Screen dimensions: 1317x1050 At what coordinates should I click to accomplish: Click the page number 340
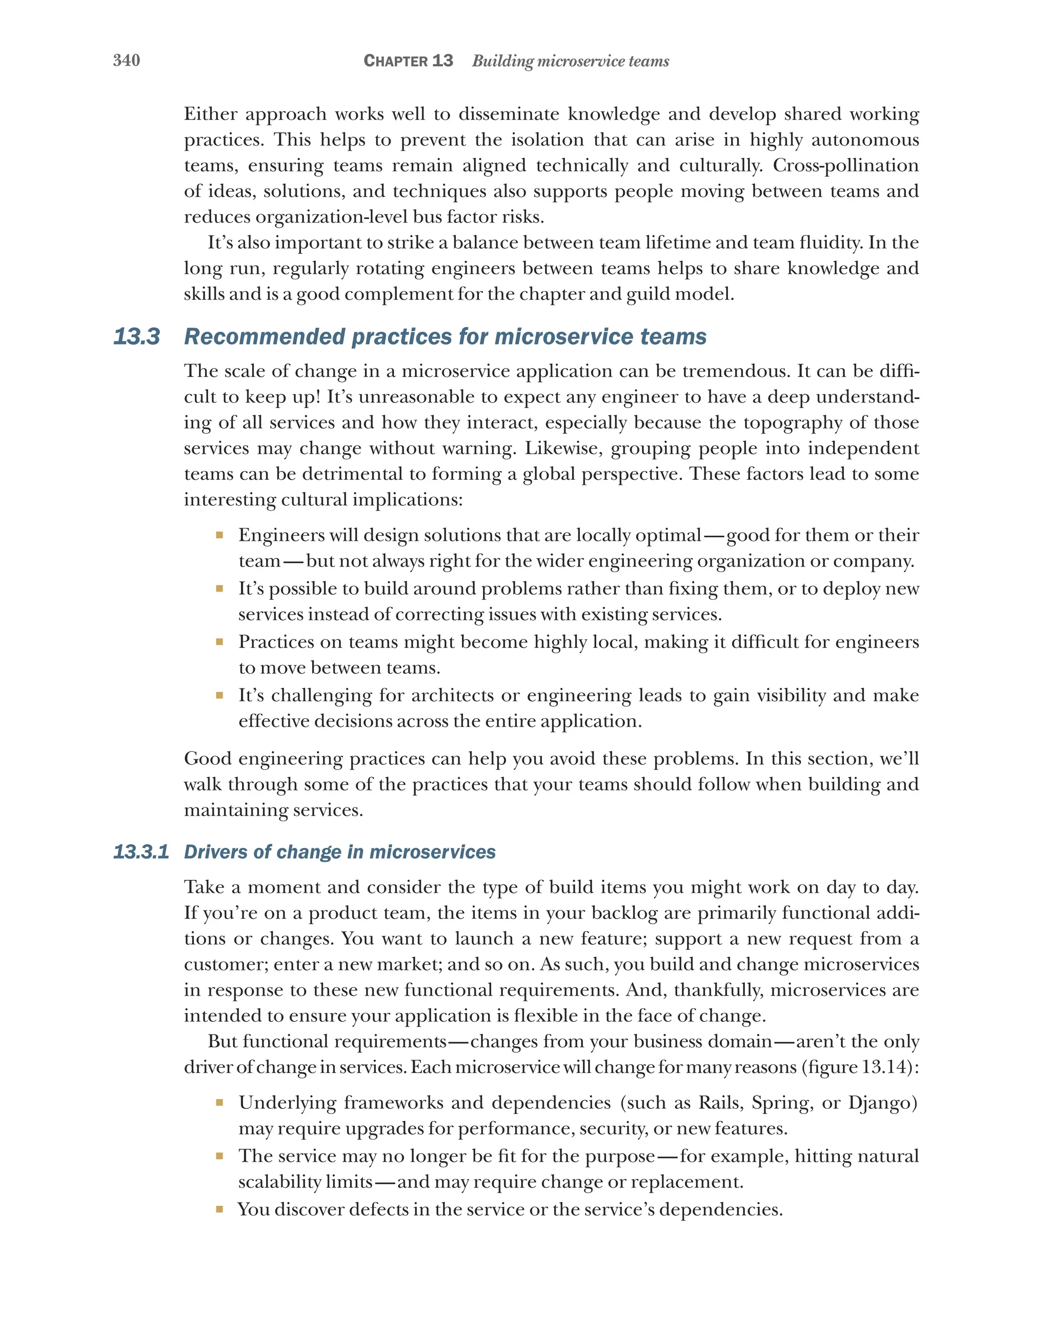[x=127, y=60]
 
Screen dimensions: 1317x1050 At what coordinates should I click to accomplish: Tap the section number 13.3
[x=137, y=337]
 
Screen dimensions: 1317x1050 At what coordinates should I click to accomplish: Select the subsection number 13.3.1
[x=141, y=852]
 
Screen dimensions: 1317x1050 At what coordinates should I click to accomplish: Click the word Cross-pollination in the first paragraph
[x=845, y=166]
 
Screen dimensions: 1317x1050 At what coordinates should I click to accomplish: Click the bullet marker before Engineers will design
[x=219, y=536]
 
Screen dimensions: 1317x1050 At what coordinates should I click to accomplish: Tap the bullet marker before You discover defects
[x=219, y=1209]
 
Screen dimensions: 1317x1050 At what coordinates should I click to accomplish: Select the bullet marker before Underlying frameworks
[x=219, y=1103]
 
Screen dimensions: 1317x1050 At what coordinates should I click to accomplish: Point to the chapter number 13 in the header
[x=442, y=60]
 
